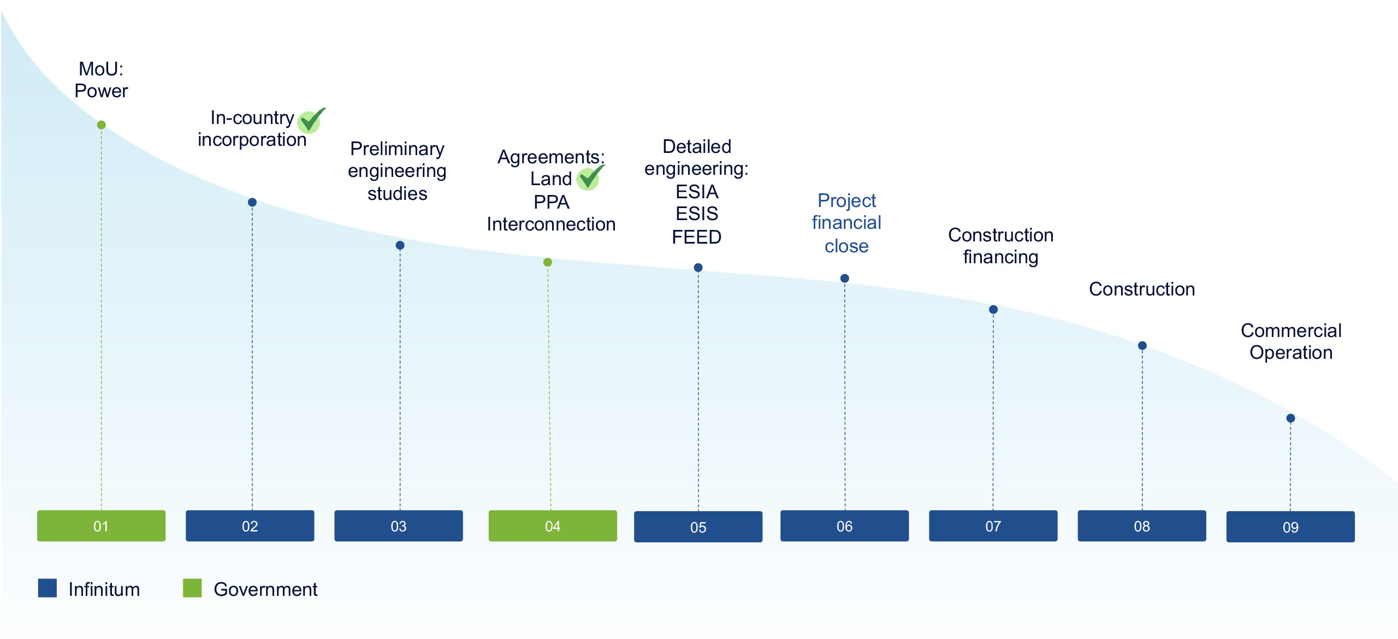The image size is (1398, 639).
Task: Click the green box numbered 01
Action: (x=101, y=526)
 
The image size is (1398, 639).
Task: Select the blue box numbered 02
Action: (x=250, y=526)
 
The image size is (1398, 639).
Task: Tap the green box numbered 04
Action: (x=553, y=526)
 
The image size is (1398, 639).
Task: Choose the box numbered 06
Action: (x=844, y=526)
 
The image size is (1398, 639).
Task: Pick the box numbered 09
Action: (x=1290, y=527)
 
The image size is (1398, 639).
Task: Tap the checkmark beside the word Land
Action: (x=590, y=177)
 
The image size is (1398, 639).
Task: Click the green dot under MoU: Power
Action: (x=101, y=125)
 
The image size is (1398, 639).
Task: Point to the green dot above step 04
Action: (x=548, y=262)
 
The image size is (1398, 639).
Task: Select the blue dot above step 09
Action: (x=1290, y=418)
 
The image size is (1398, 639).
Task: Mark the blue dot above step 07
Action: (x=993, y=310)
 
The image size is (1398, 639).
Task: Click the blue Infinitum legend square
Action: (x=48, y=588)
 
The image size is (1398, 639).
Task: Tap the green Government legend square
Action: (x=192, y=588)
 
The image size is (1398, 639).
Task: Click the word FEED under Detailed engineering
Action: (x=696, y=237)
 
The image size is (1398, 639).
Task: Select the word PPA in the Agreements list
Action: (x=552, y=202)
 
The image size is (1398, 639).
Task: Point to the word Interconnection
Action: (x=551, y=224)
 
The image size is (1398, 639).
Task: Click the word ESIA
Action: (x=697, y=192)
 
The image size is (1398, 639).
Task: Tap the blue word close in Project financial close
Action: (x=846, y=246)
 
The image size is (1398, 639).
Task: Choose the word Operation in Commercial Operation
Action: (x=1291, y=353)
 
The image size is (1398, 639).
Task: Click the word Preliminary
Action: (x=397, y=149)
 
